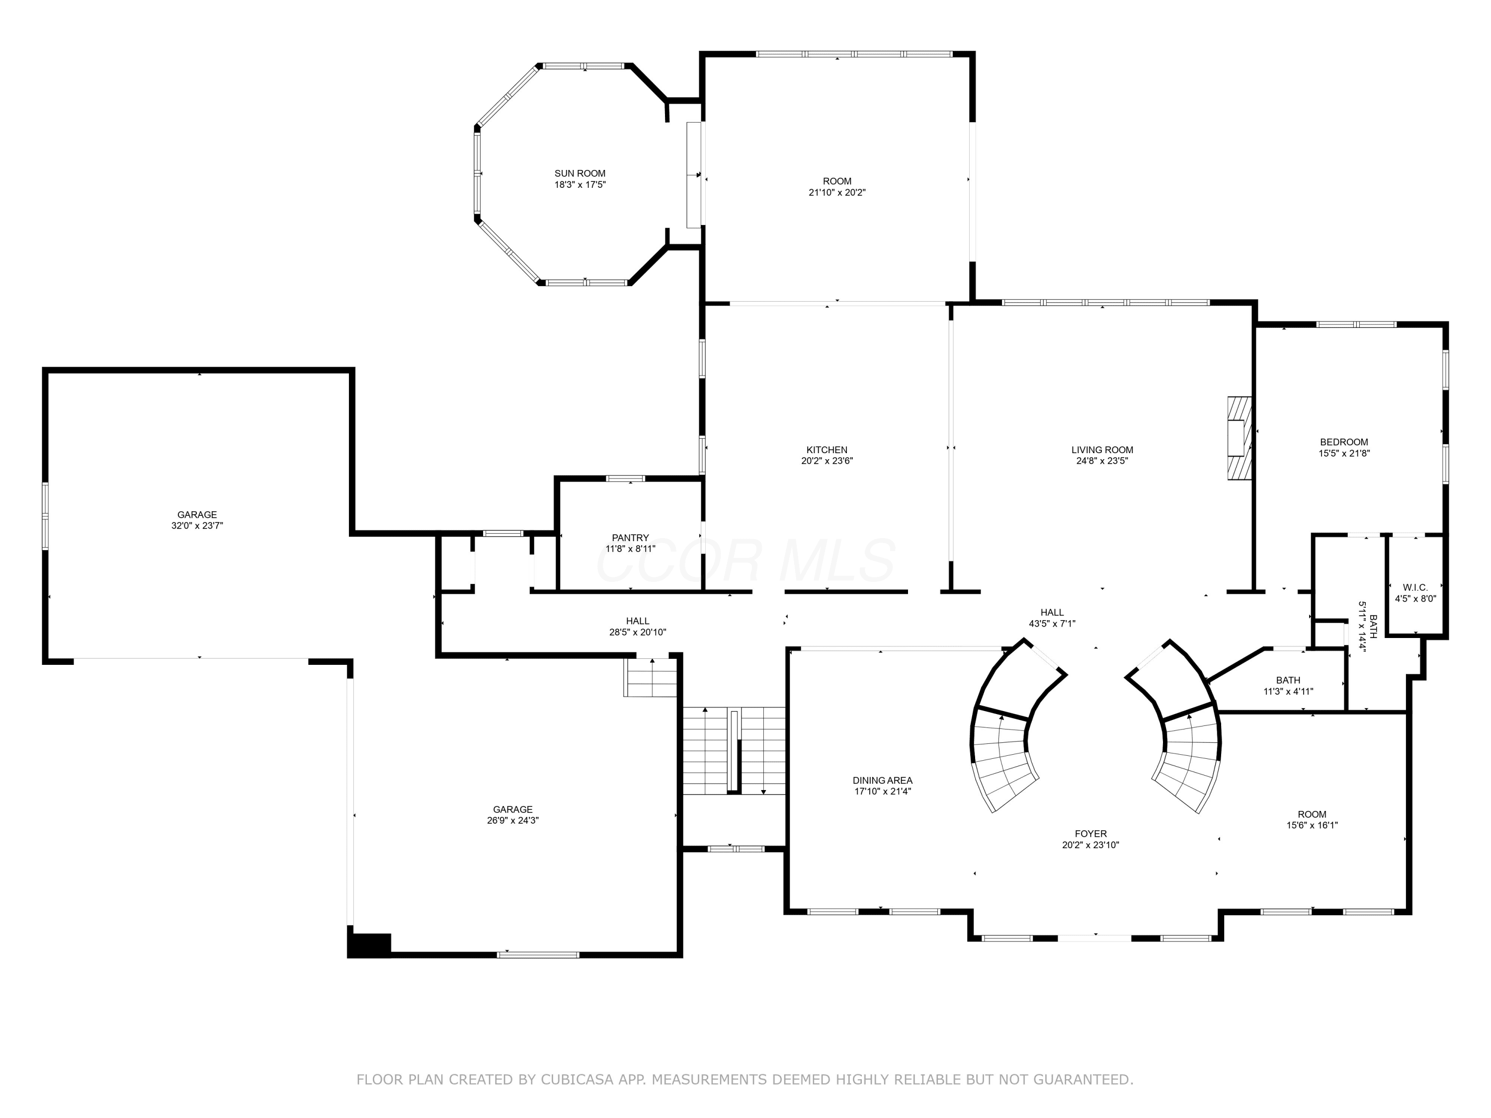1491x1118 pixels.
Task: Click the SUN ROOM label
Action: click(580, 173)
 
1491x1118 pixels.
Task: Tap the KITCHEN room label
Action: click(827, 450)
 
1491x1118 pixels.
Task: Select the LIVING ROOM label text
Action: click(1102, 450)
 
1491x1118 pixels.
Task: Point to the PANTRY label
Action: click(630, 537)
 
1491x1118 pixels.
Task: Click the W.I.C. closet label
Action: click(1415, 587)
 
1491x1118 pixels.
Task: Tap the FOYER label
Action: click(1090, 834)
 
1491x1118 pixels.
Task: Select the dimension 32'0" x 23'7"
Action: click(197, 526)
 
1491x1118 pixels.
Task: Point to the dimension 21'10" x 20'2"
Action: click(837, 192)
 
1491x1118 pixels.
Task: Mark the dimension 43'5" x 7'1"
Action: click(1052, 624)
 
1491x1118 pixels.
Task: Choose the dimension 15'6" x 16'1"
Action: click(1312, 824)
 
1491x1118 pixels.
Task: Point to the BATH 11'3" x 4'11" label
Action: click(1288, 685)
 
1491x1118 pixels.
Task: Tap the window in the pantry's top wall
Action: click(626, 479)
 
